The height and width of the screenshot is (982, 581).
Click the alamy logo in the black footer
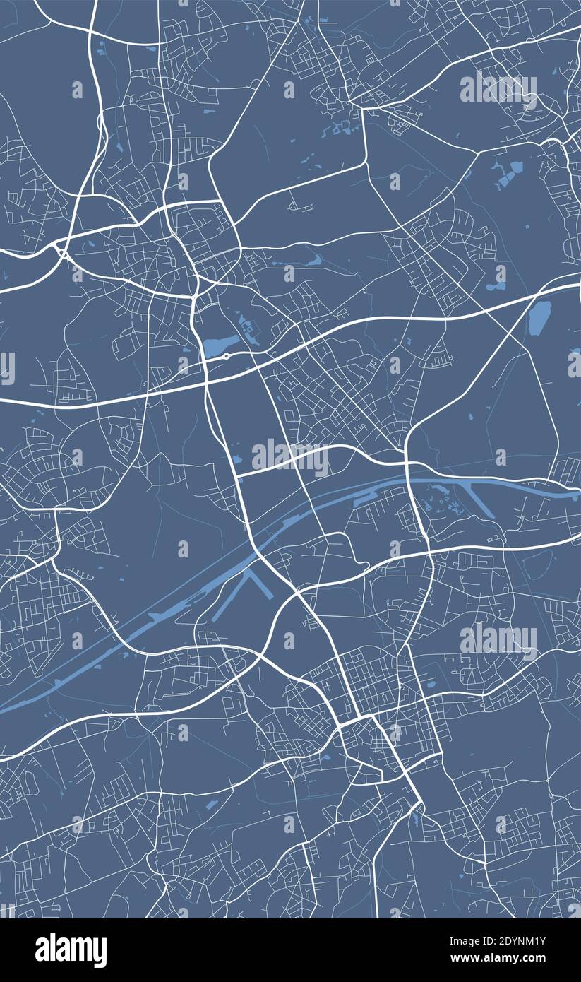(71, 950)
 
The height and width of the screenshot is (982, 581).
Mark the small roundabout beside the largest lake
(226, 356)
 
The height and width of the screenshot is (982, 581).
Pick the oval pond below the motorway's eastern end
(539, 317)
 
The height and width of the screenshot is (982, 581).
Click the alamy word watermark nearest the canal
(290, 458)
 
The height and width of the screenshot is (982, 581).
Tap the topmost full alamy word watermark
(498, 90)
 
